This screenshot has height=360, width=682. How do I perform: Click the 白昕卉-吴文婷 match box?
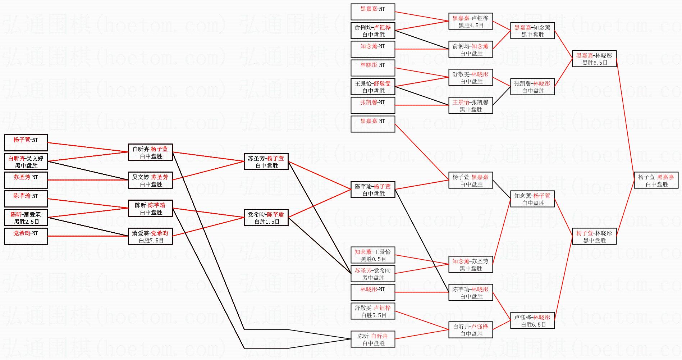coord(26,161)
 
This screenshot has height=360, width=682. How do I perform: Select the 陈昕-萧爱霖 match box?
coord(26,218)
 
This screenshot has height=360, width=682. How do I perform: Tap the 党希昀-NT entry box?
coord(26,236)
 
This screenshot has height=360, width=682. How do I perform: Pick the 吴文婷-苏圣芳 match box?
coord(150,180)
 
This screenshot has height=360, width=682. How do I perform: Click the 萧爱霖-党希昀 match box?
coord(150,236)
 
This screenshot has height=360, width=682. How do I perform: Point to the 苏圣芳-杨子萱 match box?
coord(266,161)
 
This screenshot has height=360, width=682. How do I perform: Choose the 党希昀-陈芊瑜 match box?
coord(266,218)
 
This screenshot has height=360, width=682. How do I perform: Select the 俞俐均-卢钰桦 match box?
coord(373,31)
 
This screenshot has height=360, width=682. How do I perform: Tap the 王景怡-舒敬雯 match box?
coord(373,87)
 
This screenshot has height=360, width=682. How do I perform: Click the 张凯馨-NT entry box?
coord(373,105)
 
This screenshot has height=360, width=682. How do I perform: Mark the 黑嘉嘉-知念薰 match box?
coord(532,31)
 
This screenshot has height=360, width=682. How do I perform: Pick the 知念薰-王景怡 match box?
coord(373,255)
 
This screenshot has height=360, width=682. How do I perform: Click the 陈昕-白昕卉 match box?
coord(373,339)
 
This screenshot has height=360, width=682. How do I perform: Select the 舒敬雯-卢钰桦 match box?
coord(373,311)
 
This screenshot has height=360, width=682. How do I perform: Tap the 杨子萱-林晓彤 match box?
coord(594,236)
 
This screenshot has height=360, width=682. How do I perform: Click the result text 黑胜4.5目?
coord(471,26)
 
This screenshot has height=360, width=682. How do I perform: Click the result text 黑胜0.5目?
coord(373,259)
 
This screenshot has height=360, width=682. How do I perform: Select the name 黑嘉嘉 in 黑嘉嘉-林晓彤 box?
coord(585,55)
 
